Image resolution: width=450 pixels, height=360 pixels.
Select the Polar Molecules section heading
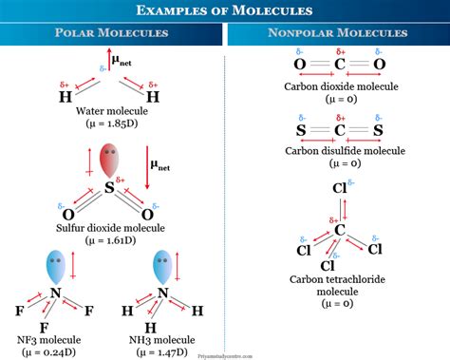tap(112, 33)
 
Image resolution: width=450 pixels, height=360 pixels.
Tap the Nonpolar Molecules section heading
tap(338, 33)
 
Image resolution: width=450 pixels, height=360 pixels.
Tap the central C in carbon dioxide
tap(338, 65)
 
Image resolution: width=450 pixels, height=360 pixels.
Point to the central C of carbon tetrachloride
tap(338, 229)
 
